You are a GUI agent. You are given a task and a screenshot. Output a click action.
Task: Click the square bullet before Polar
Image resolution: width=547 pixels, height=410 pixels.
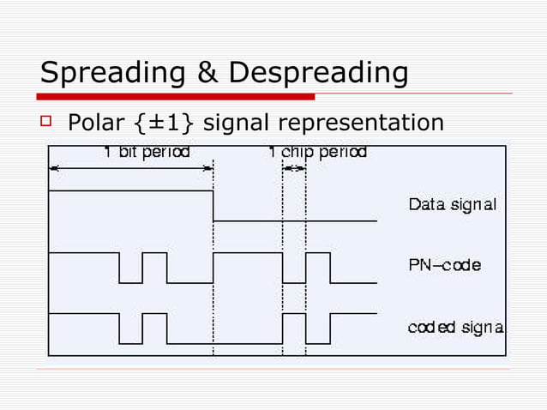pyautogui.click(x=46, y=123)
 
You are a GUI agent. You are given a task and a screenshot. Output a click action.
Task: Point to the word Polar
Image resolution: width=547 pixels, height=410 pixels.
pyautogui.click(x=95, y=124)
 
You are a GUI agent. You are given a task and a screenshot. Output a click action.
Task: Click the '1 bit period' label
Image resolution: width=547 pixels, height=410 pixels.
pyautogui.click(x=147, y=153)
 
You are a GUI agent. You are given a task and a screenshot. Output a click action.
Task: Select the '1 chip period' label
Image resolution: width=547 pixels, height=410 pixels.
pyautogui.click(x=316, y=153)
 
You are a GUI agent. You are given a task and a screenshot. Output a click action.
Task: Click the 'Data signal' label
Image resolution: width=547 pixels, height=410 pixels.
pyautogui.click(x=452, y=205)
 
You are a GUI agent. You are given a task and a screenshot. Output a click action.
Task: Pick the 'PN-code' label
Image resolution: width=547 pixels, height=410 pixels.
pyautogui.click(x=444, y=265)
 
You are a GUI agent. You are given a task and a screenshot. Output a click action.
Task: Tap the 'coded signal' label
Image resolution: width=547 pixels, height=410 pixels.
pyautogui.click(x=454, y=327)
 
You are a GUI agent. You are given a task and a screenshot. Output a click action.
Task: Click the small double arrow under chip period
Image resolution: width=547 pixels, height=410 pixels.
pyautogui.click(x=294, y=168)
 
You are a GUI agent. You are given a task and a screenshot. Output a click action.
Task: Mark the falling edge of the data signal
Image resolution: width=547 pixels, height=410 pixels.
pyautogui.click(x=213, y=206)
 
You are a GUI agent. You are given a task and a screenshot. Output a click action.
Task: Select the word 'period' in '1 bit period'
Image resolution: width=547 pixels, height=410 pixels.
pyautogui.click(x=166, y=153)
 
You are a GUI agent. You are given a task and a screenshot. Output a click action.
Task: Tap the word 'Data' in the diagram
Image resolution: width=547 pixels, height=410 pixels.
pyautogui.click(x=426, y=205)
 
